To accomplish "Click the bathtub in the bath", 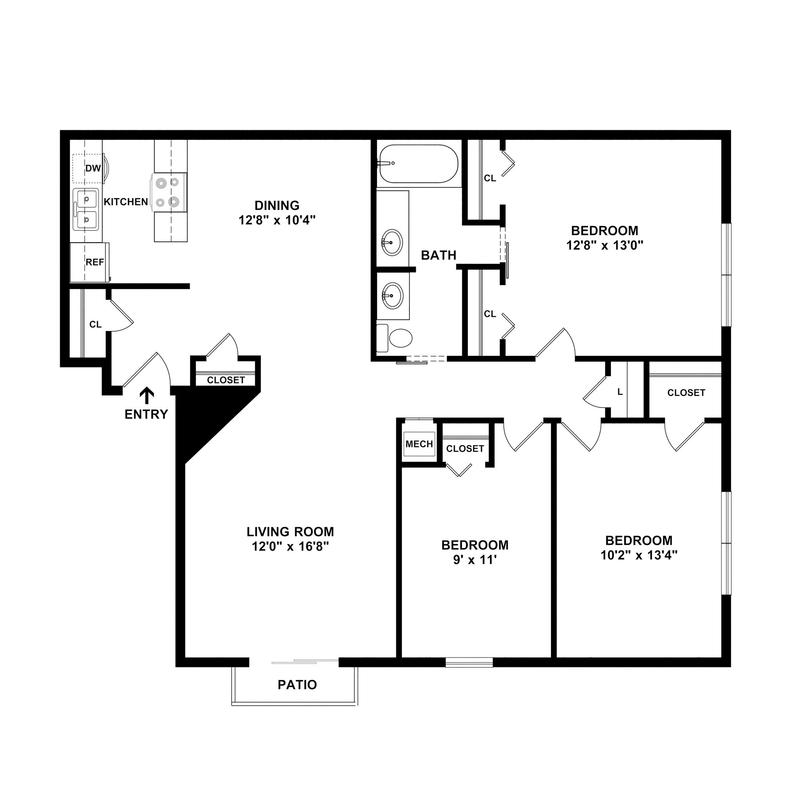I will point(419,164).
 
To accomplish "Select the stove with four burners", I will point(168,192).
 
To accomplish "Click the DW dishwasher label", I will point(93,168).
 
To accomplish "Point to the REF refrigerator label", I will point(95,262).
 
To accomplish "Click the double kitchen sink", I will point(86,209).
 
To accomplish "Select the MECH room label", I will point(419,444).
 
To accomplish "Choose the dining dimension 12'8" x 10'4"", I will point(277,220).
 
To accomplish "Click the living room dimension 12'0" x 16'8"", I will point(290,547).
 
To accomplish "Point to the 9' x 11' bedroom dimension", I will point(475,560).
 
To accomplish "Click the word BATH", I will point(439,255).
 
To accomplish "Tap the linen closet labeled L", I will point(620,392).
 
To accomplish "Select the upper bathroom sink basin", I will point(392,242).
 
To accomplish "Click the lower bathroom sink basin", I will point(392,296).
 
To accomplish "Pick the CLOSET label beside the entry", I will point(226,380).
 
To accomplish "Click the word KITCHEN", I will point(126,202).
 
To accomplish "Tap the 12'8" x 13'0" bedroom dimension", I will point(605,246).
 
